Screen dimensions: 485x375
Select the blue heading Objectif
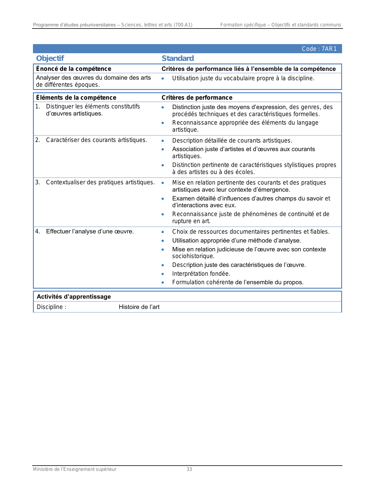tap(50, 58)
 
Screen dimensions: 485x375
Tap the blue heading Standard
tap(178, 58)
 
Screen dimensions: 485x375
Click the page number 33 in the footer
tap(189, 469)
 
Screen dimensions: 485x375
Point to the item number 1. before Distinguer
tap(37, 106)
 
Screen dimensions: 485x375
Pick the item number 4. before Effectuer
tap(37, 231)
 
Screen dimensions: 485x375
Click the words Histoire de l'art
tap(139, 307)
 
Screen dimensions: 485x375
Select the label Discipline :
tap(51, 307)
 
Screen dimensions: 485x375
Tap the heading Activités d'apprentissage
tap(74, 297)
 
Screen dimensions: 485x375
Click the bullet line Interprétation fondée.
tap(201, 274)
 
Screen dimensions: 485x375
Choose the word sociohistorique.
tap(193, 256)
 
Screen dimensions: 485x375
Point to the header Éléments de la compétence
tap(76, 98)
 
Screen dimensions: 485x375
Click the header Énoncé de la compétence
tap(74, 69)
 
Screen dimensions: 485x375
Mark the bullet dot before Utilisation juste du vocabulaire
tap(163, 78)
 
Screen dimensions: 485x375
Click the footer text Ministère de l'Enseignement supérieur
tap(75, 469)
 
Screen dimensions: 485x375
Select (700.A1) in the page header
tap(183, 25)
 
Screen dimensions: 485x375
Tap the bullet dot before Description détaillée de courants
tap(163, 141)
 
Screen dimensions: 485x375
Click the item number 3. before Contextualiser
tap(37, 182)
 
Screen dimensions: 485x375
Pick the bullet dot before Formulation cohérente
tap(163, 282)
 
